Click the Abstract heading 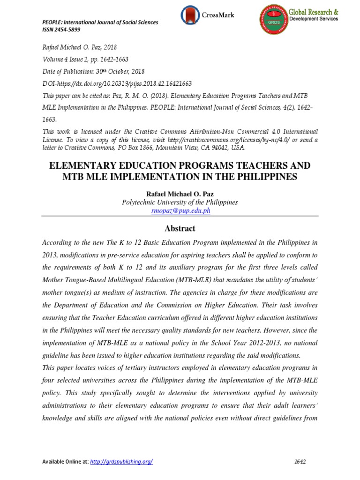pos(180,229)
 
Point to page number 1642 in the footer pos(300,462)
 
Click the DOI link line pos(117,83)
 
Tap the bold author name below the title pos(180,194)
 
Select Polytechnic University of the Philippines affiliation pos(180,202)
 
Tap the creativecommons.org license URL pos(239,140)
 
